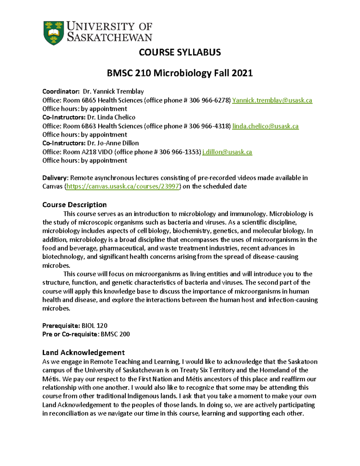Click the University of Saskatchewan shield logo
[x=54, y=33]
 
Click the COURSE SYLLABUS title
[x=180, y=53]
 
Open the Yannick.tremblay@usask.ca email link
[x=272, y=100]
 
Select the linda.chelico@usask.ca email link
[x=265, y=126]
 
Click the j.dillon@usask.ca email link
[x=227, y=152]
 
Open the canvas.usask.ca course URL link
[x=122, y=186]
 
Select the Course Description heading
[x=74, y=205]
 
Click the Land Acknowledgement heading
[x=83, y=352]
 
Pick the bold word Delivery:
[x=55, y=178]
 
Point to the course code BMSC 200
[x=115, y=334]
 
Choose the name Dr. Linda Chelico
[x=111, y=117]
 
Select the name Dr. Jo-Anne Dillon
[x=113, y=143]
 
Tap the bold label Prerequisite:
[x=61, y=326]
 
